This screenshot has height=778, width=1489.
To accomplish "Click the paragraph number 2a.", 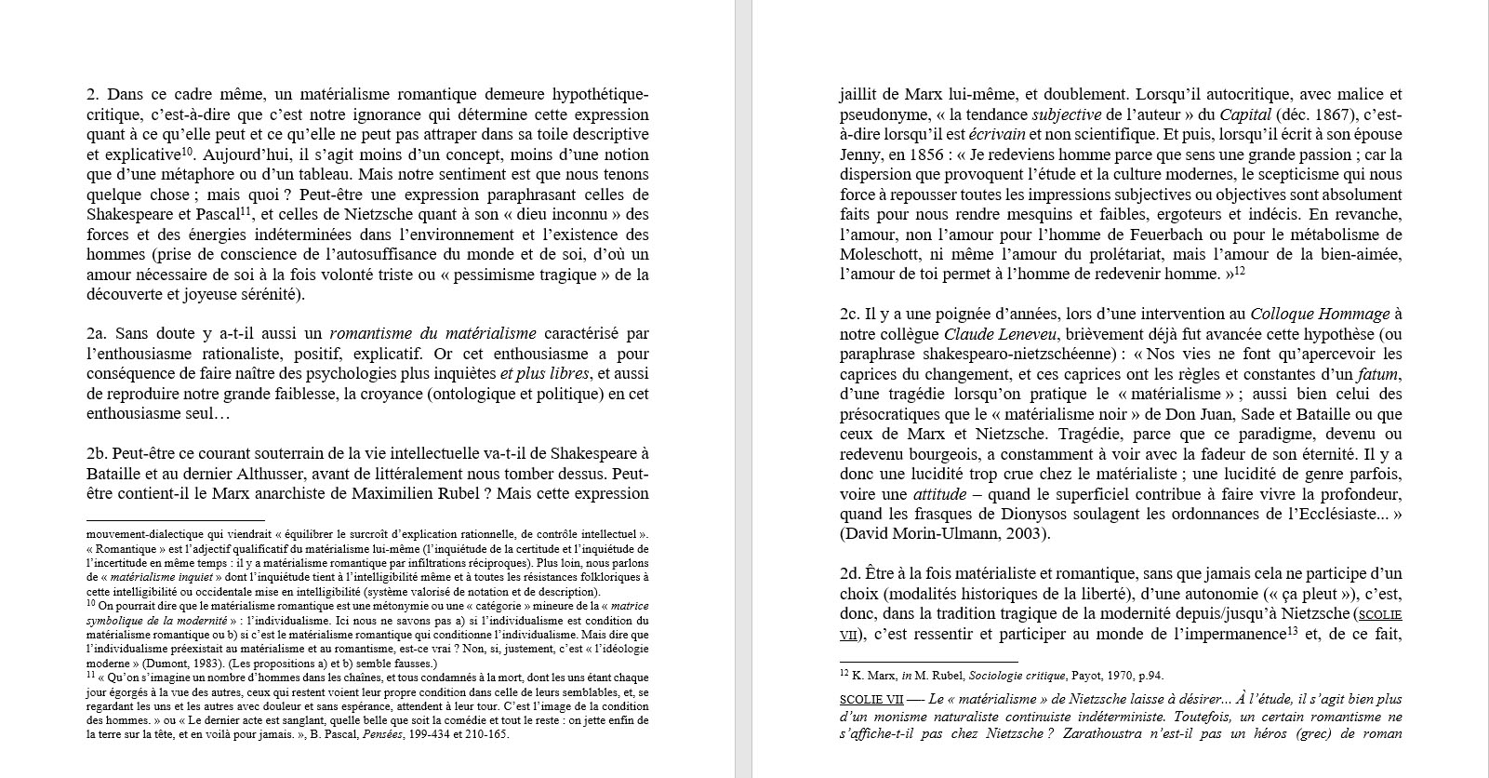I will coord(97,333).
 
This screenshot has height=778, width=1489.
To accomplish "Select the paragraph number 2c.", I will coord(849,314).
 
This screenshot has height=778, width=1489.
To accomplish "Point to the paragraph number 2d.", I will coord(850,573).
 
